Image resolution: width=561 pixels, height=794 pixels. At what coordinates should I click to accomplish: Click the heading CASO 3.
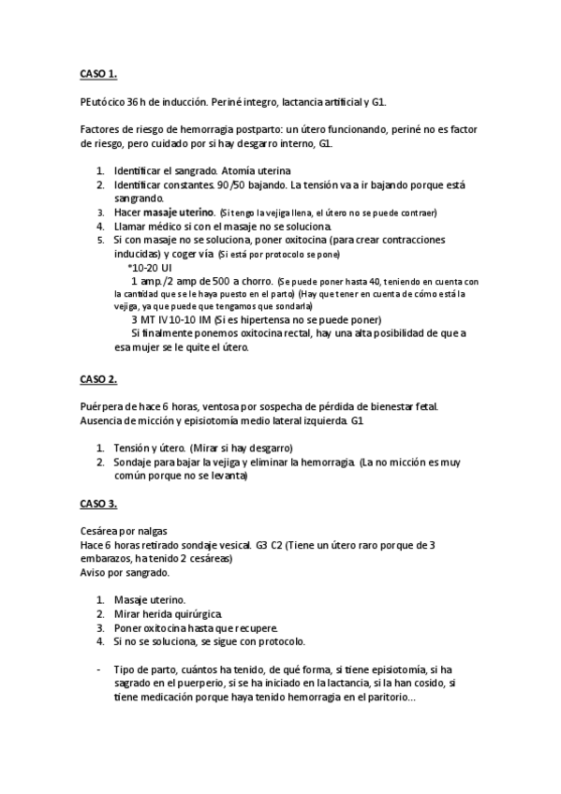[x=98, y=505]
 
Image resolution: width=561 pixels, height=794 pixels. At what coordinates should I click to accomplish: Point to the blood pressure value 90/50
[x=231, y=184]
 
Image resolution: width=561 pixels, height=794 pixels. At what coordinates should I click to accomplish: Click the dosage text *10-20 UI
[x=149, y=267]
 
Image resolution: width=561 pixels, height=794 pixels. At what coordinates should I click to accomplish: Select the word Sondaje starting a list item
[x=138, y=462]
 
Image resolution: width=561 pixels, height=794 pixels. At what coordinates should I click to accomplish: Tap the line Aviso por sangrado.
[x=125, y=572]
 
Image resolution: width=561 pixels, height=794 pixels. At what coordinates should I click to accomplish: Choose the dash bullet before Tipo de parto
[x=99, y=669]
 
